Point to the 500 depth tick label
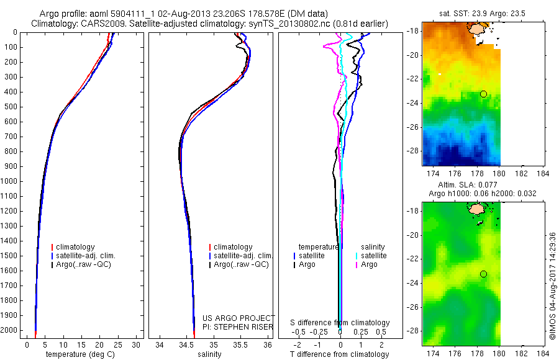11,107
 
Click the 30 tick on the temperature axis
136,344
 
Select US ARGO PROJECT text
239,318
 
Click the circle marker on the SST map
483,94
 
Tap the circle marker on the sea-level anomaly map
483,274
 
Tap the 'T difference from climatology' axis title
340,354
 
